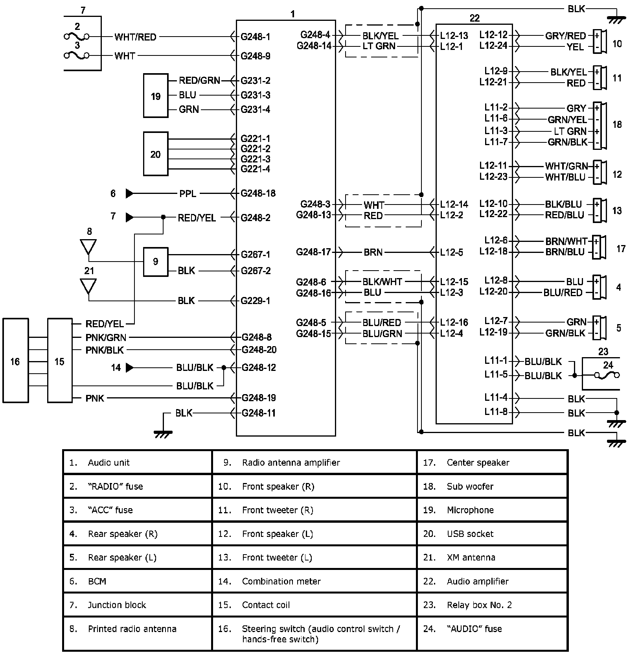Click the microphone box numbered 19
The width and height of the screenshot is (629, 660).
click(156, 96)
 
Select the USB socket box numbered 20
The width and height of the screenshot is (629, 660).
click(156, 154)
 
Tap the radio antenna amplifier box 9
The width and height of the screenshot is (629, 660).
click(156, 262)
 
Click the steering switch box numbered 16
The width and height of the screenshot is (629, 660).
click(15, 361)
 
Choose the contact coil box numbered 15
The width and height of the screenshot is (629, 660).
click(60, 361)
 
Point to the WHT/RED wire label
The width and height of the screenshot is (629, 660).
click(135, 37)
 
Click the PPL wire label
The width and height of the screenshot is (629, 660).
click(188, 194)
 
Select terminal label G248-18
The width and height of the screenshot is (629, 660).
click(258, 194)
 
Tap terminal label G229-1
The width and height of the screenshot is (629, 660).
click(256, 301)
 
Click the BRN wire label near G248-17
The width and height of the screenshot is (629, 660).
click(373, 252)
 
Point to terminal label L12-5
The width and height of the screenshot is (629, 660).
click(451, 252)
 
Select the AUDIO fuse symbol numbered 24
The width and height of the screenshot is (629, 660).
click(608, 375)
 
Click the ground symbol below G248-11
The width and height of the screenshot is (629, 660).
click(163, 433)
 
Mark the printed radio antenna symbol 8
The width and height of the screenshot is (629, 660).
click(88, 247)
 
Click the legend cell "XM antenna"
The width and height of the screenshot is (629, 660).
click(471, 557)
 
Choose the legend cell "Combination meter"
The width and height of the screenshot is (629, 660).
click(281, 581)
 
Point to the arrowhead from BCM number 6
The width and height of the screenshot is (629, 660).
click(129, 194)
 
